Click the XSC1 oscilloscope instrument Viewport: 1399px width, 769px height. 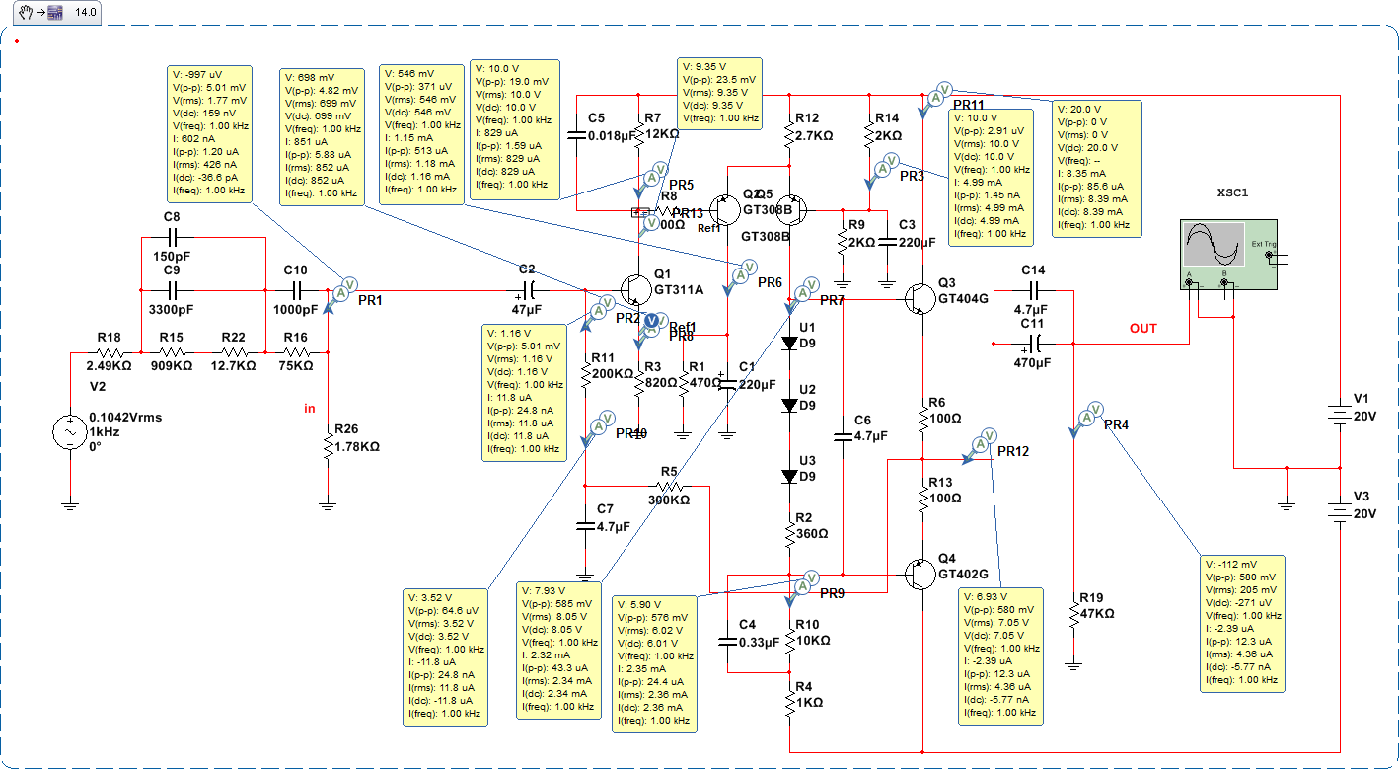[1228, 254]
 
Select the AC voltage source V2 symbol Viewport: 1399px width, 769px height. [70, 432]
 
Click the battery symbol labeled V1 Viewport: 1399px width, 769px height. [1338, 415]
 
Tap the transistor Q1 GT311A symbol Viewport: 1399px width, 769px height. [631, 290]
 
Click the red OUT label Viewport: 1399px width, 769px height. [1143, 328]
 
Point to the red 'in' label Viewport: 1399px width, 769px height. [310, 407]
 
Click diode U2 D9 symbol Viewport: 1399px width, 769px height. [789, 405]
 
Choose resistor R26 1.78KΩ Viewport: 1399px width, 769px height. [328, 446]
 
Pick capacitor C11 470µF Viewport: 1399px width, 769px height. [1033, 344]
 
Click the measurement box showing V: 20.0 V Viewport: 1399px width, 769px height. [1098, 168]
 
